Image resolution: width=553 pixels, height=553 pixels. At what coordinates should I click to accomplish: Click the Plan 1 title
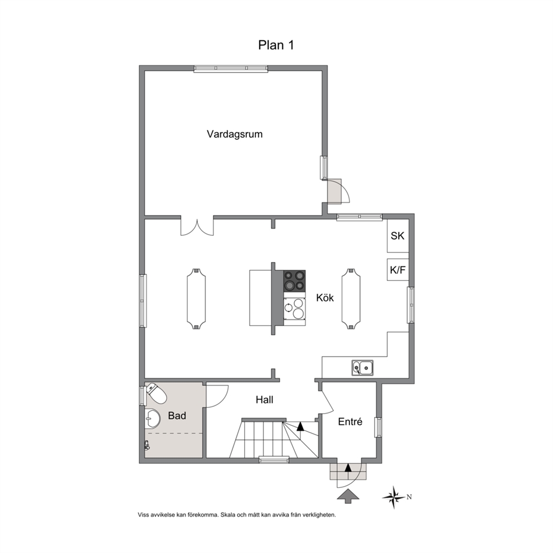coord(276,45)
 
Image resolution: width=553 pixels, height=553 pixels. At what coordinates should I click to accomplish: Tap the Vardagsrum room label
coord(235,134)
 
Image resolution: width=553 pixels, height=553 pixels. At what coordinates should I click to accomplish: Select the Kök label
coord(325,298)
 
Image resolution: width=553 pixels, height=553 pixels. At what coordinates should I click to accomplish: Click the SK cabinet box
coord(398,236)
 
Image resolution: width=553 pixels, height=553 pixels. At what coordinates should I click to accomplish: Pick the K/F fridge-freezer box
coord(398,270)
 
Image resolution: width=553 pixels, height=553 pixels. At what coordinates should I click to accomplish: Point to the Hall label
coord(264,400)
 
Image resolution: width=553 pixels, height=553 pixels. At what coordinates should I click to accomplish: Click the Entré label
coord(350,421)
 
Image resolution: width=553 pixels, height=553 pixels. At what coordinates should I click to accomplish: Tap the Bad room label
coord(177,415)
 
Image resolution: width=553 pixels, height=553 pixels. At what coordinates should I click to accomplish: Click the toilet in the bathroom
coord(156,393)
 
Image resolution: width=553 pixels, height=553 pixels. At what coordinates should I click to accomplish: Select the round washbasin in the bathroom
coord(152,419)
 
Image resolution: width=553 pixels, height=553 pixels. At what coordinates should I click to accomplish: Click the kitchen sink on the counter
coord(362,368)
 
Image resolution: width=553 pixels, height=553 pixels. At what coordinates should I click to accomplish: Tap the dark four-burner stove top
coord(294,281)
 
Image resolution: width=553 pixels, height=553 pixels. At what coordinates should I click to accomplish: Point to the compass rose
coord(394,497)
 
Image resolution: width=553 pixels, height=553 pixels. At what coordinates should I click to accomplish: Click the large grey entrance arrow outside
coord(348,496)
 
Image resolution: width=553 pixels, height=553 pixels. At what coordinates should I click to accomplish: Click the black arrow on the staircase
coord(300,427)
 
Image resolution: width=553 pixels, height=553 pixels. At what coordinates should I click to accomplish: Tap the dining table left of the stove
coord(196,299)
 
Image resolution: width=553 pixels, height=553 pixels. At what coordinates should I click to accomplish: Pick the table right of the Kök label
coord(351,299)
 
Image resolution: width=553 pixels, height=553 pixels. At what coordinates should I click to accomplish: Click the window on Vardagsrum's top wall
coord(231,69)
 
